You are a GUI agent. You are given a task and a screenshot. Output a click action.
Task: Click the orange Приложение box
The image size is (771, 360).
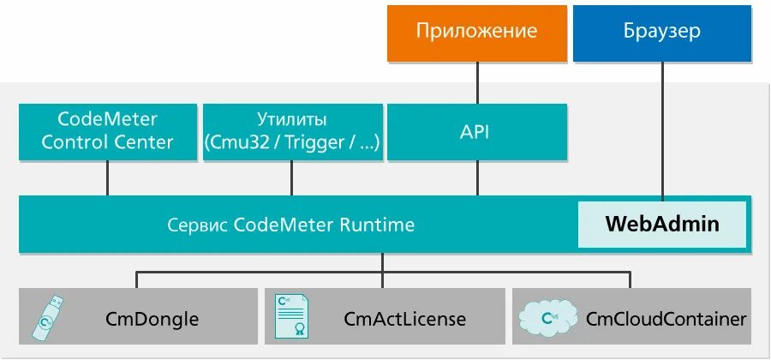click(x=476, y=33)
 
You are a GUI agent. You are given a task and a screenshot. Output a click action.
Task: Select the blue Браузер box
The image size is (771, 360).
click(x=661, y=33)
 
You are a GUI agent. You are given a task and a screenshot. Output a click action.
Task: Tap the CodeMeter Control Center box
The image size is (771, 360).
click(x=107, y=131)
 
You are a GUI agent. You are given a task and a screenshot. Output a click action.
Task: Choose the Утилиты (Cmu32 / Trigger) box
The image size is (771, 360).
click(x=291, y=131)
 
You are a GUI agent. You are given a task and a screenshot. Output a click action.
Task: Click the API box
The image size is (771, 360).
click(x=476, y=131)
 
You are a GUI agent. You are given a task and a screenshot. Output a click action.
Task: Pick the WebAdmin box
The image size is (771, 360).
click(x=662, y=225)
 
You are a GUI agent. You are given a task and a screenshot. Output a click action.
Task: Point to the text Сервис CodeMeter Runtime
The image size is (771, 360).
click(x=291, y=225)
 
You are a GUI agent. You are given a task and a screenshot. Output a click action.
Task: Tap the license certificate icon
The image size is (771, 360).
click(x=292, y=316)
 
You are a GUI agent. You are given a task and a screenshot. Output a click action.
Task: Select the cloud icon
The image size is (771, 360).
click(x=546, y=318)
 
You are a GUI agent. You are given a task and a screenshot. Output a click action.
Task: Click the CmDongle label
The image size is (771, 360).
click(x=152, y=320)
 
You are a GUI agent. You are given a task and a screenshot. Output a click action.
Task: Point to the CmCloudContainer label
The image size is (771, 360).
click(x=666, y=320)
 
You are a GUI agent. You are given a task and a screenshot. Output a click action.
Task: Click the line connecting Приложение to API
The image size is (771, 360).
click(x=477, y=82)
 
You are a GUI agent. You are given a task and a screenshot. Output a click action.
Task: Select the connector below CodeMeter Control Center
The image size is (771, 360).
click(x=107, y=177)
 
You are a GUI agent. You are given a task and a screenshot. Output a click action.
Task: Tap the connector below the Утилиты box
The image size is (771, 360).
click(x=291, y=177)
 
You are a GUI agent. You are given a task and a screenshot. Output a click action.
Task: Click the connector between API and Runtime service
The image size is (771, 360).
click(x=477, y=177)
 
